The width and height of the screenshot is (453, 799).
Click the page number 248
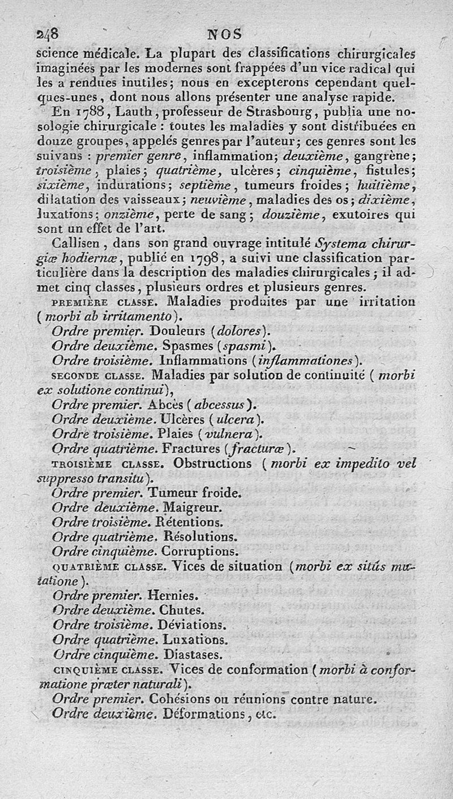pyautogui.click(x=48, y=33)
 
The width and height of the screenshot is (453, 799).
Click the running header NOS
pyautogui.click(x=225, y=33)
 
